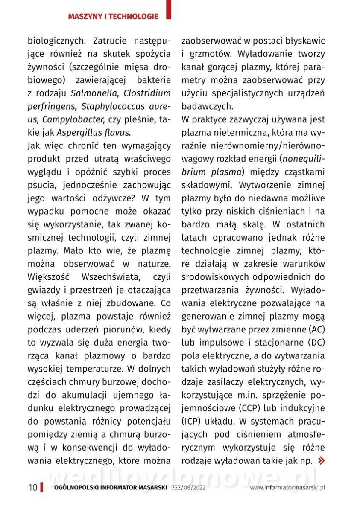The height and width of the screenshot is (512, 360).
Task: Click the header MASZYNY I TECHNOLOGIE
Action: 113,17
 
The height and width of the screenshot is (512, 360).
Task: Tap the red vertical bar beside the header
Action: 169,10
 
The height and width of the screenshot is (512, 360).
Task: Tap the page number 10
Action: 33,488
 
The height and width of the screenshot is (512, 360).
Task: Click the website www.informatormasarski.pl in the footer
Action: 288,488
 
